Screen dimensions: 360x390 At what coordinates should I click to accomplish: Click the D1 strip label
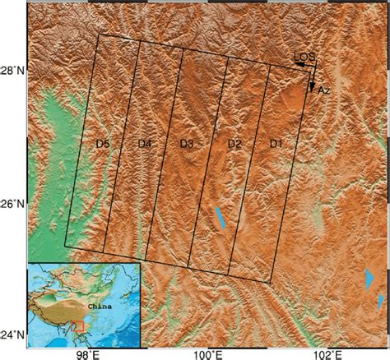click(x=276, y=145)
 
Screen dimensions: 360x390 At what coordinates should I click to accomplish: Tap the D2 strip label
click(x=234, y=145)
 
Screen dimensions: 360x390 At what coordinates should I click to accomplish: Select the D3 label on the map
click(x=187, y=145)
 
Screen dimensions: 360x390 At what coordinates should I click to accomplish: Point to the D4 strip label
click(x=145, y=145)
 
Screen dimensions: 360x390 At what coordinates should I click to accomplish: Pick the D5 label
click(x=103, y=145)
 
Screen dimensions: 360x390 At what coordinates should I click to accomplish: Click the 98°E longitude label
click(x=87, y=353)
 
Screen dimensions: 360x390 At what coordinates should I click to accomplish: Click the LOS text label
click(x=304, y=57)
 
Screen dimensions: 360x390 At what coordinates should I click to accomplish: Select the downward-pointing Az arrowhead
click(x=312, y=86)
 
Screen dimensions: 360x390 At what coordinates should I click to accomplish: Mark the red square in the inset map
click(x=78, y=326)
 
